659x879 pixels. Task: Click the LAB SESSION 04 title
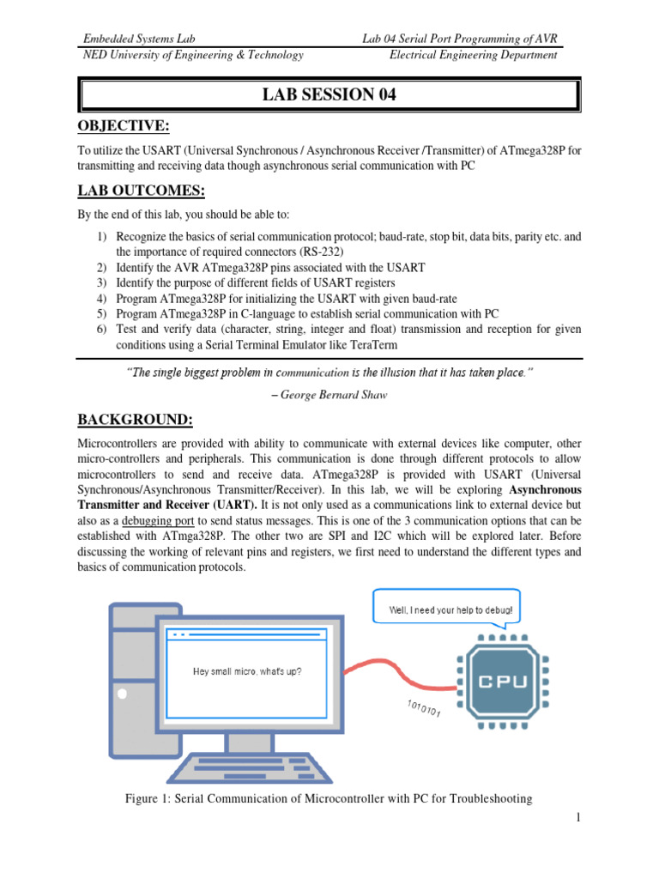(x=329, y=95)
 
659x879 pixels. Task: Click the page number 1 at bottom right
(x=579, y=817)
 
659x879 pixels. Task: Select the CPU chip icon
(x=499, y=682)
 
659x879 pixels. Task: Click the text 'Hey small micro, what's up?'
(x=246, y=670)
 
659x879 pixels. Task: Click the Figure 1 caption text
(x=329, y=798)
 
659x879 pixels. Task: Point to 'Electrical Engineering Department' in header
(x=473, y=55)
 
